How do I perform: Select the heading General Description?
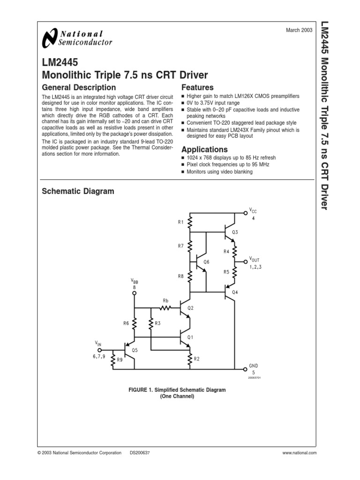coord(79,88)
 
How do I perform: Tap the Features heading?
coord(197,88)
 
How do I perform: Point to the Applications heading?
coord(204,150)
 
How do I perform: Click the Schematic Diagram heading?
coord(78,191)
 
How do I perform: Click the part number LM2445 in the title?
coord(60,62)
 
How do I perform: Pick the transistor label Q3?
coord(235,232)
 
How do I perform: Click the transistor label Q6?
coord(206,262)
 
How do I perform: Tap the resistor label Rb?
coord(165,300)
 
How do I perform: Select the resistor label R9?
coord(120,360)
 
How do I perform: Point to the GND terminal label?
coord(253,365)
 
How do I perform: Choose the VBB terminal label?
coord(135,281)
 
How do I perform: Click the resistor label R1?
coord(181,223)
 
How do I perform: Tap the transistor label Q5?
coord(135,350)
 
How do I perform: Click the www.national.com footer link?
coord(300,453)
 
